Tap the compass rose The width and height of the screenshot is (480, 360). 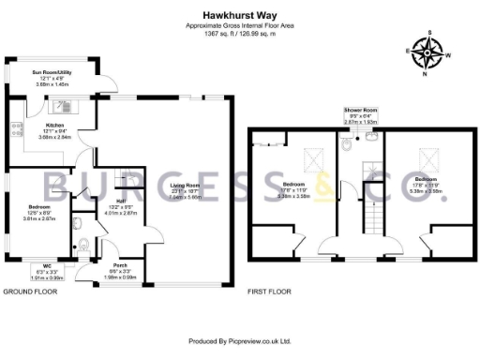point(430,52)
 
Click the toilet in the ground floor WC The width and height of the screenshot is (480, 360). point(84,247)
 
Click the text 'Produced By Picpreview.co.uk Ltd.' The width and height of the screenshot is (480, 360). point(241,341)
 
